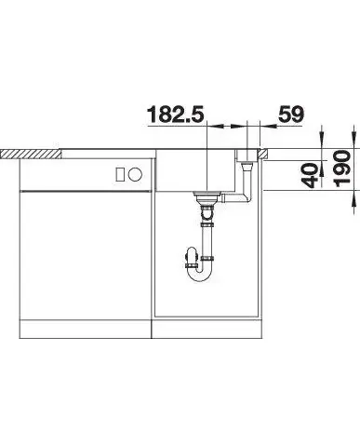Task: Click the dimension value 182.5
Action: pos(176,115)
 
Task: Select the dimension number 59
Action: pos(291,115)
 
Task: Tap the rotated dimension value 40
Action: pos(311,176)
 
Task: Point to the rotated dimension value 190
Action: pos(342,169)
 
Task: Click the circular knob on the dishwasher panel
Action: pos(135,174)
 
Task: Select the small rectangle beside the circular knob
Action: pos(120,174)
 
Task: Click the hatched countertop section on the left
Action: pos(31,155)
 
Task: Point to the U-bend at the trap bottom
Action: pos(201,273)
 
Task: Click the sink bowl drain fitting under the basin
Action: pos(207,196)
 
